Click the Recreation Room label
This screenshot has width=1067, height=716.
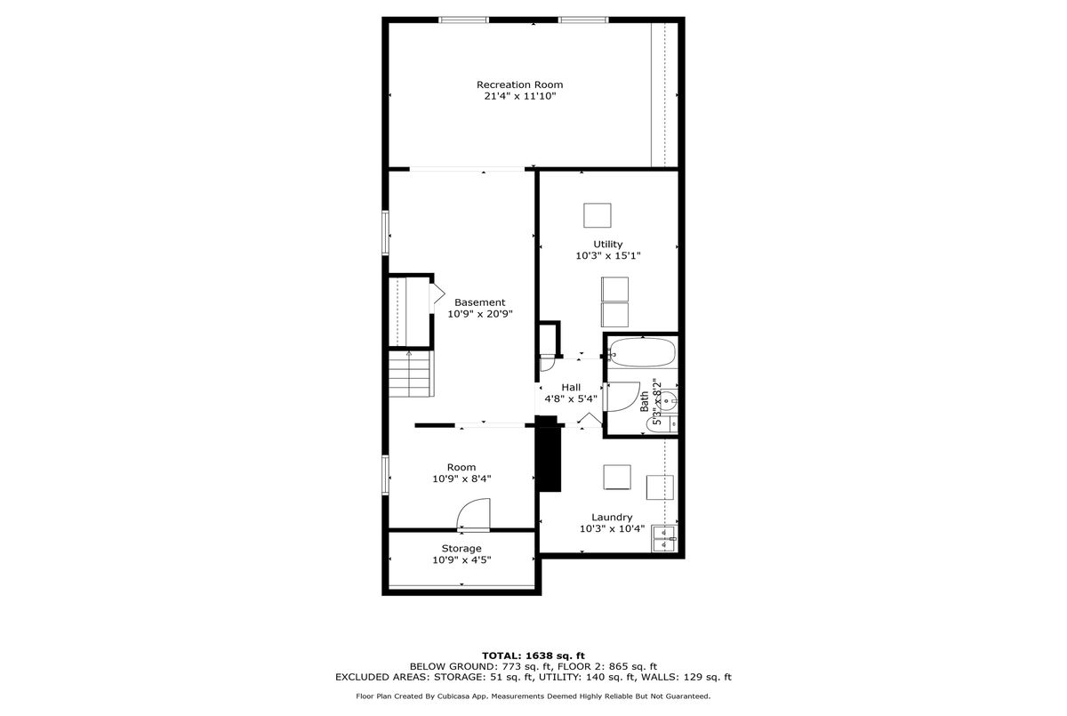point(519,84)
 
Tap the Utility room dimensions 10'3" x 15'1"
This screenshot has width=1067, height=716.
point(608,256)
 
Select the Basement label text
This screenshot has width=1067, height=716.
point(479,302)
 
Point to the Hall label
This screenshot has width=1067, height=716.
point(571,388)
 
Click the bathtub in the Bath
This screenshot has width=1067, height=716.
point(642,352)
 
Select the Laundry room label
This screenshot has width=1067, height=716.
point(612,518)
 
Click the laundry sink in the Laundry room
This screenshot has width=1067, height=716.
point(664,538)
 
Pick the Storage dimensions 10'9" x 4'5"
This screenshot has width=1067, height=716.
point(461,560)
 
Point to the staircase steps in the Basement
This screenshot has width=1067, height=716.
point(412,374)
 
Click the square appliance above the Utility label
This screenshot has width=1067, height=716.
point(598,215)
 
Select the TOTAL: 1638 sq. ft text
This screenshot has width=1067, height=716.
point(533,656)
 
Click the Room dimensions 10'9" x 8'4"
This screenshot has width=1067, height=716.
point(461,479)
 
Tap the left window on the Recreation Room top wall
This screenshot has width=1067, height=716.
point(463,20)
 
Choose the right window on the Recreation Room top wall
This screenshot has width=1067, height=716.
point(583,20)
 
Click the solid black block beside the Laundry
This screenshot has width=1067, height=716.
point(549,455)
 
